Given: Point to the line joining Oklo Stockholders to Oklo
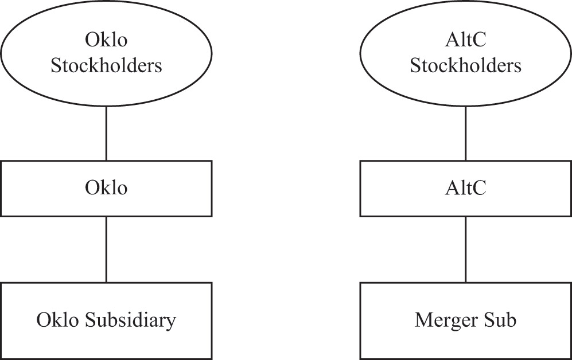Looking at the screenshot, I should (106, 134).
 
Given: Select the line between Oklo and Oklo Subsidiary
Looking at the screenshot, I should (106, 249).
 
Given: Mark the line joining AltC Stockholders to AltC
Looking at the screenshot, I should (465, 134).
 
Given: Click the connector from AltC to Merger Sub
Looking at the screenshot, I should (465, 249).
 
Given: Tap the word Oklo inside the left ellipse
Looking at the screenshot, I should (106, 41).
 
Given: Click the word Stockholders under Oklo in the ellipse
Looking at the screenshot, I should (106, 65).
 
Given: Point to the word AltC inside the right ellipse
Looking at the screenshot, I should (465, 41).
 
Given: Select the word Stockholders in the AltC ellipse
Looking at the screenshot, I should (465, 65).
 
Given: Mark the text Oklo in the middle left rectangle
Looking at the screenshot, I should (106, 188).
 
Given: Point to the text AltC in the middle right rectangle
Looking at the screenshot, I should (465, 188).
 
